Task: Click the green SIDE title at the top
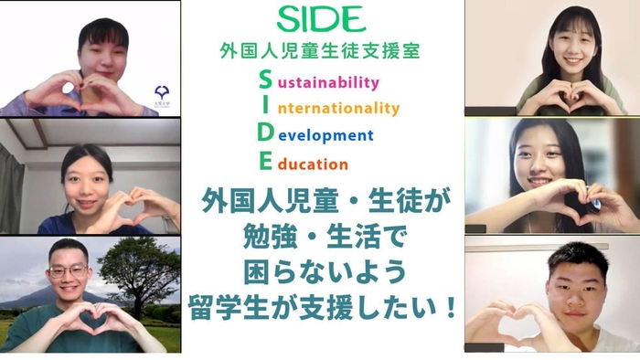coord(320,18)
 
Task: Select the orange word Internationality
coord(337,109)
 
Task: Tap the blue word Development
coord(328,136)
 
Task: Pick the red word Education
coord(312,165)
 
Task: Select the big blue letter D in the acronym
coord(265,134)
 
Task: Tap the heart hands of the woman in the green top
coord(552,95)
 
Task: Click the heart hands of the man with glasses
coord(88,321)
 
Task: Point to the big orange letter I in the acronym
coord(265,107)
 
